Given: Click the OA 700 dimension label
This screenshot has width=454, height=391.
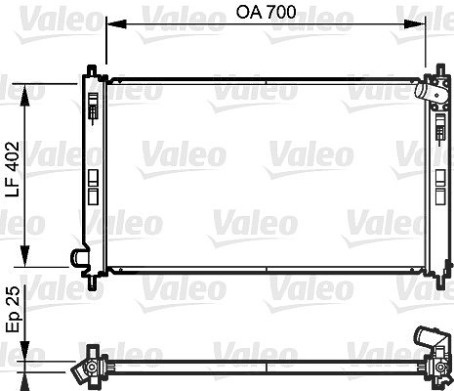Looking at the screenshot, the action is pyautogui.click(x=266, y=13).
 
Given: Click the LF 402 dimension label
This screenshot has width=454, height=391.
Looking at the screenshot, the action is pyautogui.click(x=14, y=169).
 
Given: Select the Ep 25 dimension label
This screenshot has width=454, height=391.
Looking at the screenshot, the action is pyautogui.click(x=14, y=309).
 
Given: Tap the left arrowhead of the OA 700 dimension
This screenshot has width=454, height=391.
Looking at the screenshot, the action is pyautogui.click(x=116, y=24).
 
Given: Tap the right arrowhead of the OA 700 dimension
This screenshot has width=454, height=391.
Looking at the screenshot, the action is pyautogui.click(x=414, y=24).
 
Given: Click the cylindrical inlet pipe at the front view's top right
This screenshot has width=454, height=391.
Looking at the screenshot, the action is pyautogui.click(x=424, y=89).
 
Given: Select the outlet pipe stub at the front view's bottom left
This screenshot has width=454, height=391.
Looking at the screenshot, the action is pyautogui.click(x=78, y=258).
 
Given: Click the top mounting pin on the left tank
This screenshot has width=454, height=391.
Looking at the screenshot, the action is pyautogui.click(x=93, y=69).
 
